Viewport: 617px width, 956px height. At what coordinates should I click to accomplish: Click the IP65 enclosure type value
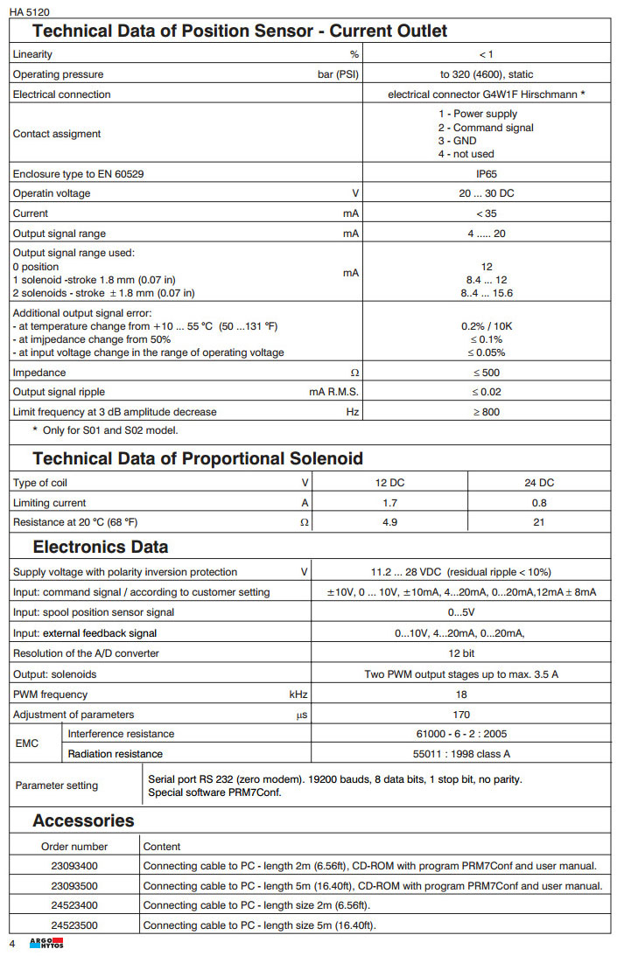point(487,174)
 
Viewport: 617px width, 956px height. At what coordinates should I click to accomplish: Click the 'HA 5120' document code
point(29,11)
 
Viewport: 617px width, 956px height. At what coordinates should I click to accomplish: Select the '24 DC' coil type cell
point(538,483)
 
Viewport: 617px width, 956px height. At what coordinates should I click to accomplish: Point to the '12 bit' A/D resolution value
point(461,653)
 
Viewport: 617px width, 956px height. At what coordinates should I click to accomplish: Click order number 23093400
point(74,866)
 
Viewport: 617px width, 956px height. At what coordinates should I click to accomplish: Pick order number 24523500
point(74,925)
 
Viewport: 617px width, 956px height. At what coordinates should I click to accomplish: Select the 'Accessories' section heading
point(83,820)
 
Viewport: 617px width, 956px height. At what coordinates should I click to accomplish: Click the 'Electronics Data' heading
point(101,548)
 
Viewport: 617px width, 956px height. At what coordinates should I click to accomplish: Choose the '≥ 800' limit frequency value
point(487,412)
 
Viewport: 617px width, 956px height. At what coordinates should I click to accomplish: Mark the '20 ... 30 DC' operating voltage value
point(487,193)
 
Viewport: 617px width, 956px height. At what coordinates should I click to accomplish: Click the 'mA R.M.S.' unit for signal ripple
point(334,392)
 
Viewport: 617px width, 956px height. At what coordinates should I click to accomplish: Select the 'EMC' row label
point(27,743)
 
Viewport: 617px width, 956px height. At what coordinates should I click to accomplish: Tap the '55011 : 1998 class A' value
point(461,754)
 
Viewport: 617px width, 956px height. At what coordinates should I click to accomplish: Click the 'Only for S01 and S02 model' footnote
point(106,430)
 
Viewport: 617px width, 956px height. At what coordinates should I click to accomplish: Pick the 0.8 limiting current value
point(538,503)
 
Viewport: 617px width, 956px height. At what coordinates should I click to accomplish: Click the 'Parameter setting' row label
point(57,785)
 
